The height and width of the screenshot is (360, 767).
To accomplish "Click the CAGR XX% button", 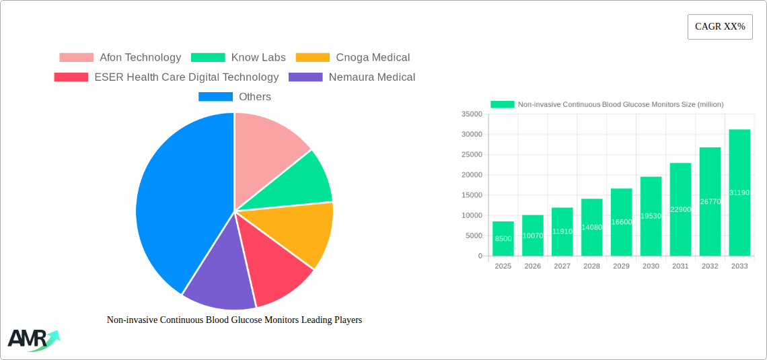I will click(719, 27).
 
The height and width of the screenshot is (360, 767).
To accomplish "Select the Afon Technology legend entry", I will click(120, 58).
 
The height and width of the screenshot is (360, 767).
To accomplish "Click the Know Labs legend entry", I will click(238, 58).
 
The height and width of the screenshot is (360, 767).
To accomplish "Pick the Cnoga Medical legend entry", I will click(353, 58).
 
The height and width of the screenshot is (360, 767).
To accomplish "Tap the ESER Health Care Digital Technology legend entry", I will click(166, 77).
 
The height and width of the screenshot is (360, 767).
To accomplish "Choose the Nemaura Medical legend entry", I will click(352, 77).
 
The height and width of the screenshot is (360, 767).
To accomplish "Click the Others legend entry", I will click(234, 97).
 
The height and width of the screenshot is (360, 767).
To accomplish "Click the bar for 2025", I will click(503, 238).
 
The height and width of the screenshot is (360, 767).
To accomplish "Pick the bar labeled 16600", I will click(621, 222).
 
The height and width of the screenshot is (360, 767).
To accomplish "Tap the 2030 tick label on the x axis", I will click(651, 266).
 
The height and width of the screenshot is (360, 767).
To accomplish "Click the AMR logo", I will click(33, 340).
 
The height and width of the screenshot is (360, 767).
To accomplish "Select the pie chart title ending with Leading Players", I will click(234, 320).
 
